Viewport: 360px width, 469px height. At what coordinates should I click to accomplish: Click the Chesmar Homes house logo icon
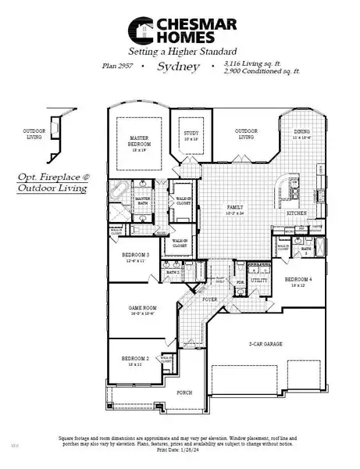140,30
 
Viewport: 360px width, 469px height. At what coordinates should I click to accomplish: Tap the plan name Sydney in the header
178,68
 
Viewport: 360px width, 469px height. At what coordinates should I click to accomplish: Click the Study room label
191,134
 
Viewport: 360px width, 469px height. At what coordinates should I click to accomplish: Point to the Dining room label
301,134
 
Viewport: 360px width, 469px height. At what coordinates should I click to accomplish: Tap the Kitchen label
296,212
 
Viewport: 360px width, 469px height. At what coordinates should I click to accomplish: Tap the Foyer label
209,299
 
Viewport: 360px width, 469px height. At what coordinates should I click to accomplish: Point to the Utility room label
259,279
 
